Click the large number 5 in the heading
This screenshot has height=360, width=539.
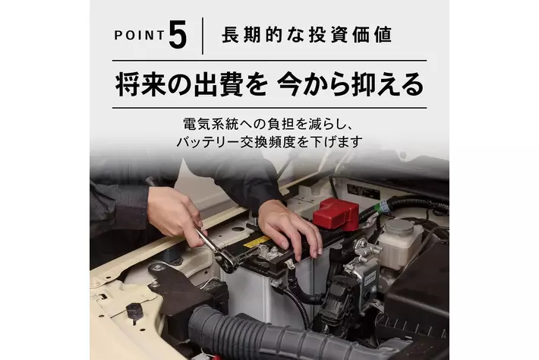[178, 34]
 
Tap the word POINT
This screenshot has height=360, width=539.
[139, 36]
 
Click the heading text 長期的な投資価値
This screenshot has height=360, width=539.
[307, 35]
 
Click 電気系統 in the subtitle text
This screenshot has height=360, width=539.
[211, 124]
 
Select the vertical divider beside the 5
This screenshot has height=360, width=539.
[203, 36]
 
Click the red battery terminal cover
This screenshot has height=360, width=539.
[336, 213]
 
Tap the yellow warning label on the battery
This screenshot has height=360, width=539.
[256, 241]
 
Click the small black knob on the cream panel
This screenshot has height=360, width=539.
[134, 312]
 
